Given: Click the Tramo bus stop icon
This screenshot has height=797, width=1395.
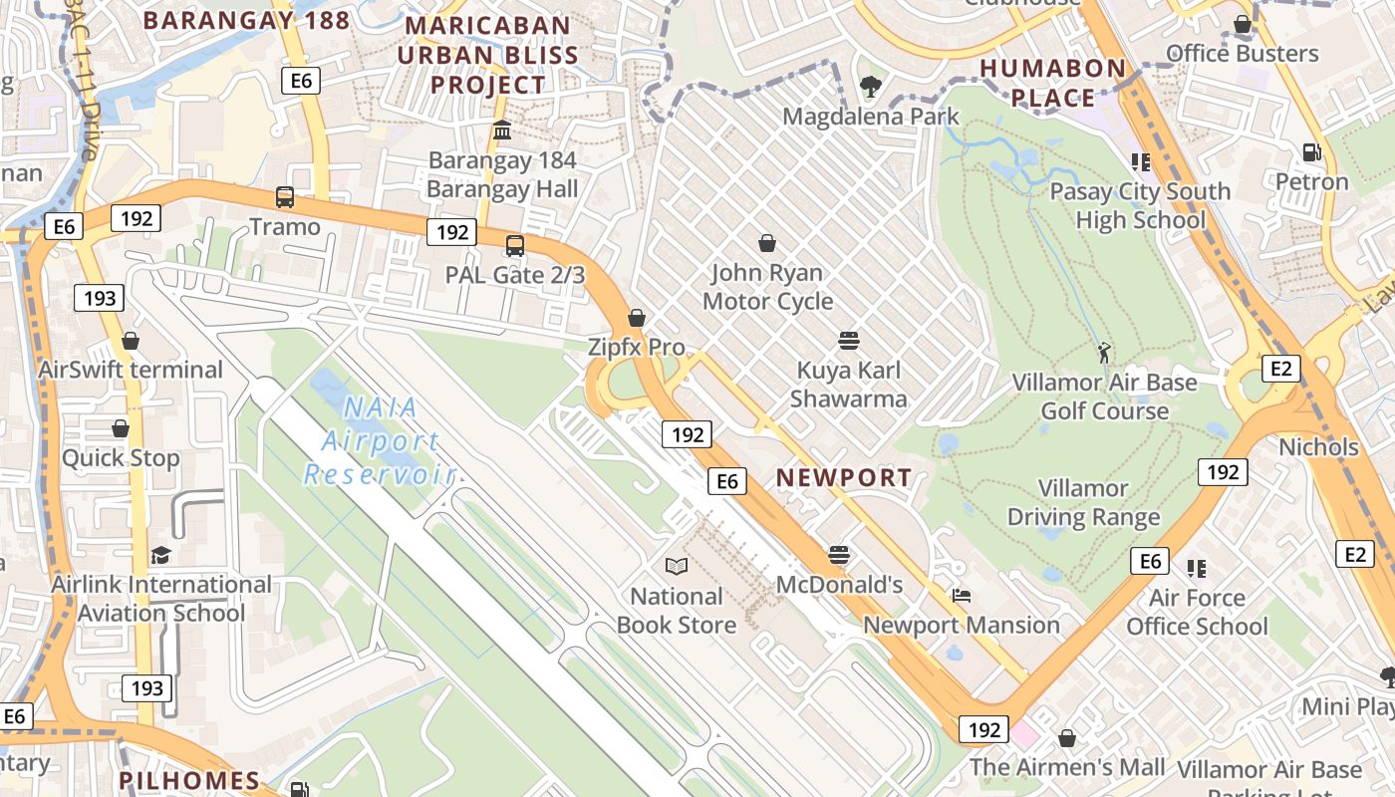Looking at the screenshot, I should (285, 197).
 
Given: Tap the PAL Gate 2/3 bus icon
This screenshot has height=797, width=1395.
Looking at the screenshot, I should (515, 245).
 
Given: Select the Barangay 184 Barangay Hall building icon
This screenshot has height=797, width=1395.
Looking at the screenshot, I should (502, 131).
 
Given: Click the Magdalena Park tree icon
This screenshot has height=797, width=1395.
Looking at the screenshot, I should (871, 87).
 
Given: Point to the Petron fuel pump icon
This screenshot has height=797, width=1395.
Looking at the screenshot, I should (1312, 152).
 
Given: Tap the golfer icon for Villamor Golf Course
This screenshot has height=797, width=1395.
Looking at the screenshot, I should (1103, 353).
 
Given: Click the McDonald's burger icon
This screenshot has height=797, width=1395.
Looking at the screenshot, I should (839, 555).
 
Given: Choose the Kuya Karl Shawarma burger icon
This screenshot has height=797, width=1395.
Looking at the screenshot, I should (849, 342).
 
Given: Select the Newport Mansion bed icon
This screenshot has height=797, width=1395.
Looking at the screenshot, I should (962, 596).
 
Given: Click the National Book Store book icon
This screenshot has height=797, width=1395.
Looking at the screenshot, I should (677, 566).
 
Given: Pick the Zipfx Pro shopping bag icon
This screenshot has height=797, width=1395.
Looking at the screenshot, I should (637, 318).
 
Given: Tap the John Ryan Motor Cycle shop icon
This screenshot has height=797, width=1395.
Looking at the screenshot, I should (767, 243).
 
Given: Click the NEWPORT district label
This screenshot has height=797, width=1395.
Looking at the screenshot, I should (844, 478).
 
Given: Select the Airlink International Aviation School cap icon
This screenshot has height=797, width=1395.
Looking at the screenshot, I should (160, 555).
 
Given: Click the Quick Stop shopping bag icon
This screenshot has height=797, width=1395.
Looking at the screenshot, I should (121, 428).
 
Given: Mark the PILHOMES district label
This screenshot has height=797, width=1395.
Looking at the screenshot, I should (189, 780).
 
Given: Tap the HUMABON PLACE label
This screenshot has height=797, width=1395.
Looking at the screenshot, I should (1053, 83).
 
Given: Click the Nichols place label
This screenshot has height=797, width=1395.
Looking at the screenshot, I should (1318, 447).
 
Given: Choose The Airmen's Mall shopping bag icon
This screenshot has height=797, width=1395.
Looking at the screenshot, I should (1067, 738).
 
